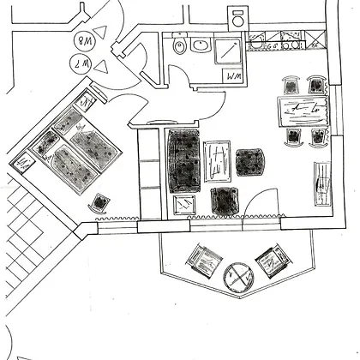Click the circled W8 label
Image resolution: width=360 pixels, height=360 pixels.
click(84, 40)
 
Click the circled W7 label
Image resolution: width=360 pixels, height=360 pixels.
click(81, 64)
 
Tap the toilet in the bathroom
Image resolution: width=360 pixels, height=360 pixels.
click(179, 44)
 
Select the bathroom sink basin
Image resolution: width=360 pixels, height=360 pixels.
click(201, 45)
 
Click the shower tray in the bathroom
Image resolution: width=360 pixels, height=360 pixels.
click(228, 51)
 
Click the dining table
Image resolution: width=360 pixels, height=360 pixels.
click(303, 111)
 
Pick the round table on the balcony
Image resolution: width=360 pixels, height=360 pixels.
click(239, 278)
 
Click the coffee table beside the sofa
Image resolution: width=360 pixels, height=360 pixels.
click(217, 161)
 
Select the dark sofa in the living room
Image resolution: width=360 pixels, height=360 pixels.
click(184, 161)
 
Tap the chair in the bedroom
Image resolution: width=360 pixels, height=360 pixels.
click(99, 203)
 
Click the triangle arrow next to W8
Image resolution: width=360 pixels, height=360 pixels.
click(101, 33)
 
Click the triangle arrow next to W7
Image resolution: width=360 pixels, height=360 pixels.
click(101, 67)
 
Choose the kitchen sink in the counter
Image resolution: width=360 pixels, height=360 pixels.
click(256, 42)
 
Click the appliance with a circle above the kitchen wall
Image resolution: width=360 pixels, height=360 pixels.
click(238, 18)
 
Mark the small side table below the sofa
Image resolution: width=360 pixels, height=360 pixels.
click(184, 205)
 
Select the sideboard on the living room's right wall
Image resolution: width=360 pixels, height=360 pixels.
click(322, 183)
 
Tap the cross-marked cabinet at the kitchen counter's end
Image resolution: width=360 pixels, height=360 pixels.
click(315, 39)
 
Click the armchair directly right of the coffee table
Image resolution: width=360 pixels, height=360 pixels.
click(249, 162)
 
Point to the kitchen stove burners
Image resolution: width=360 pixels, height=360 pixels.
click(291, 40)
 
